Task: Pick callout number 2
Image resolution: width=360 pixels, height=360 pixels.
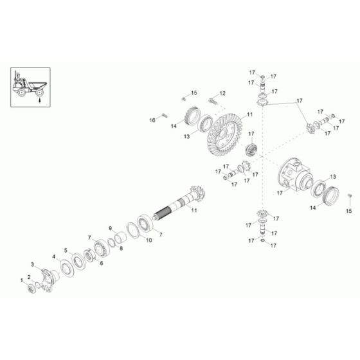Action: click(x=28, y=276)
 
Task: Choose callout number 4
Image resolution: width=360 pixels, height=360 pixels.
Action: click(x=53, y=257)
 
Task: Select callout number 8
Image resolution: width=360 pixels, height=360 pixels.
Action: click(x=122, y=246)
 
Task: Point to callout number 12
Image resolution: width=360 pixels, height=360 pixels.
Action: click(x=222, y=94)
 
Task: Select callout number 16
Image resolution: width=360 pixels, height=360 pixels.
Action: click(x=153, y=119)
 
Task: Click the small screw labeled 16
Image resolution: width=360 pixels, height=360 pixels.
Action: click(x=164, y=116)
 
